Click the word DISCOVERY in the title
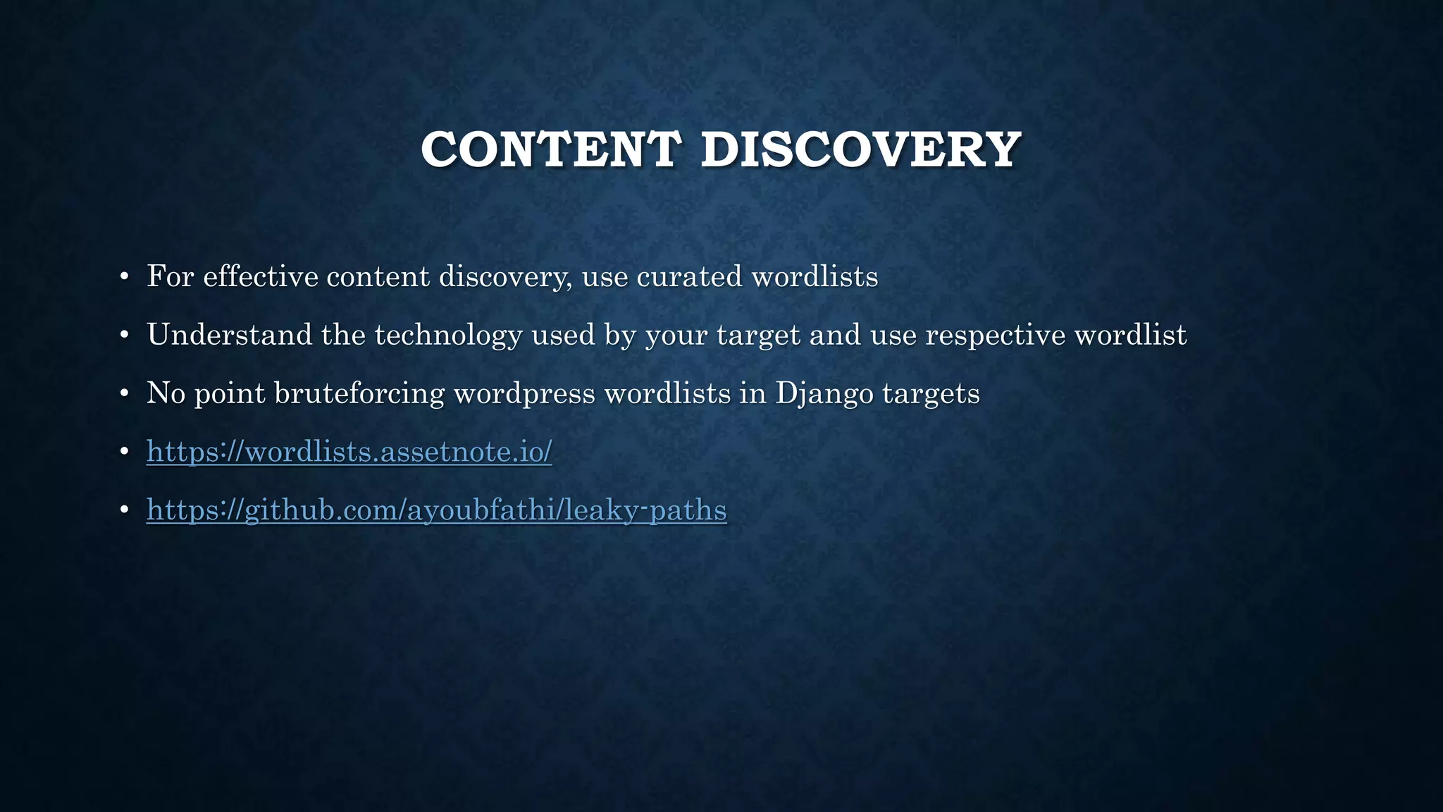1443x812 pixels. point(860,149)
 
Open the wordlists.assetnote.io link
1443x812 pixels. point(349,451)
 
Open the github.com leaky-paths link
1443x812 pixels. point(436,510)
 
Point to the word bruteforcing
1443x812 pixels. point(359,393)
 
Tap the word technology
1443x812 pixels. point(448,335)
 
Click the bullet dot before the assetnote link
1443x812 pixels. point(124,452)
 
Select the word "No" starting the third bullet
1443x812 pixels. point(166,393)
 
